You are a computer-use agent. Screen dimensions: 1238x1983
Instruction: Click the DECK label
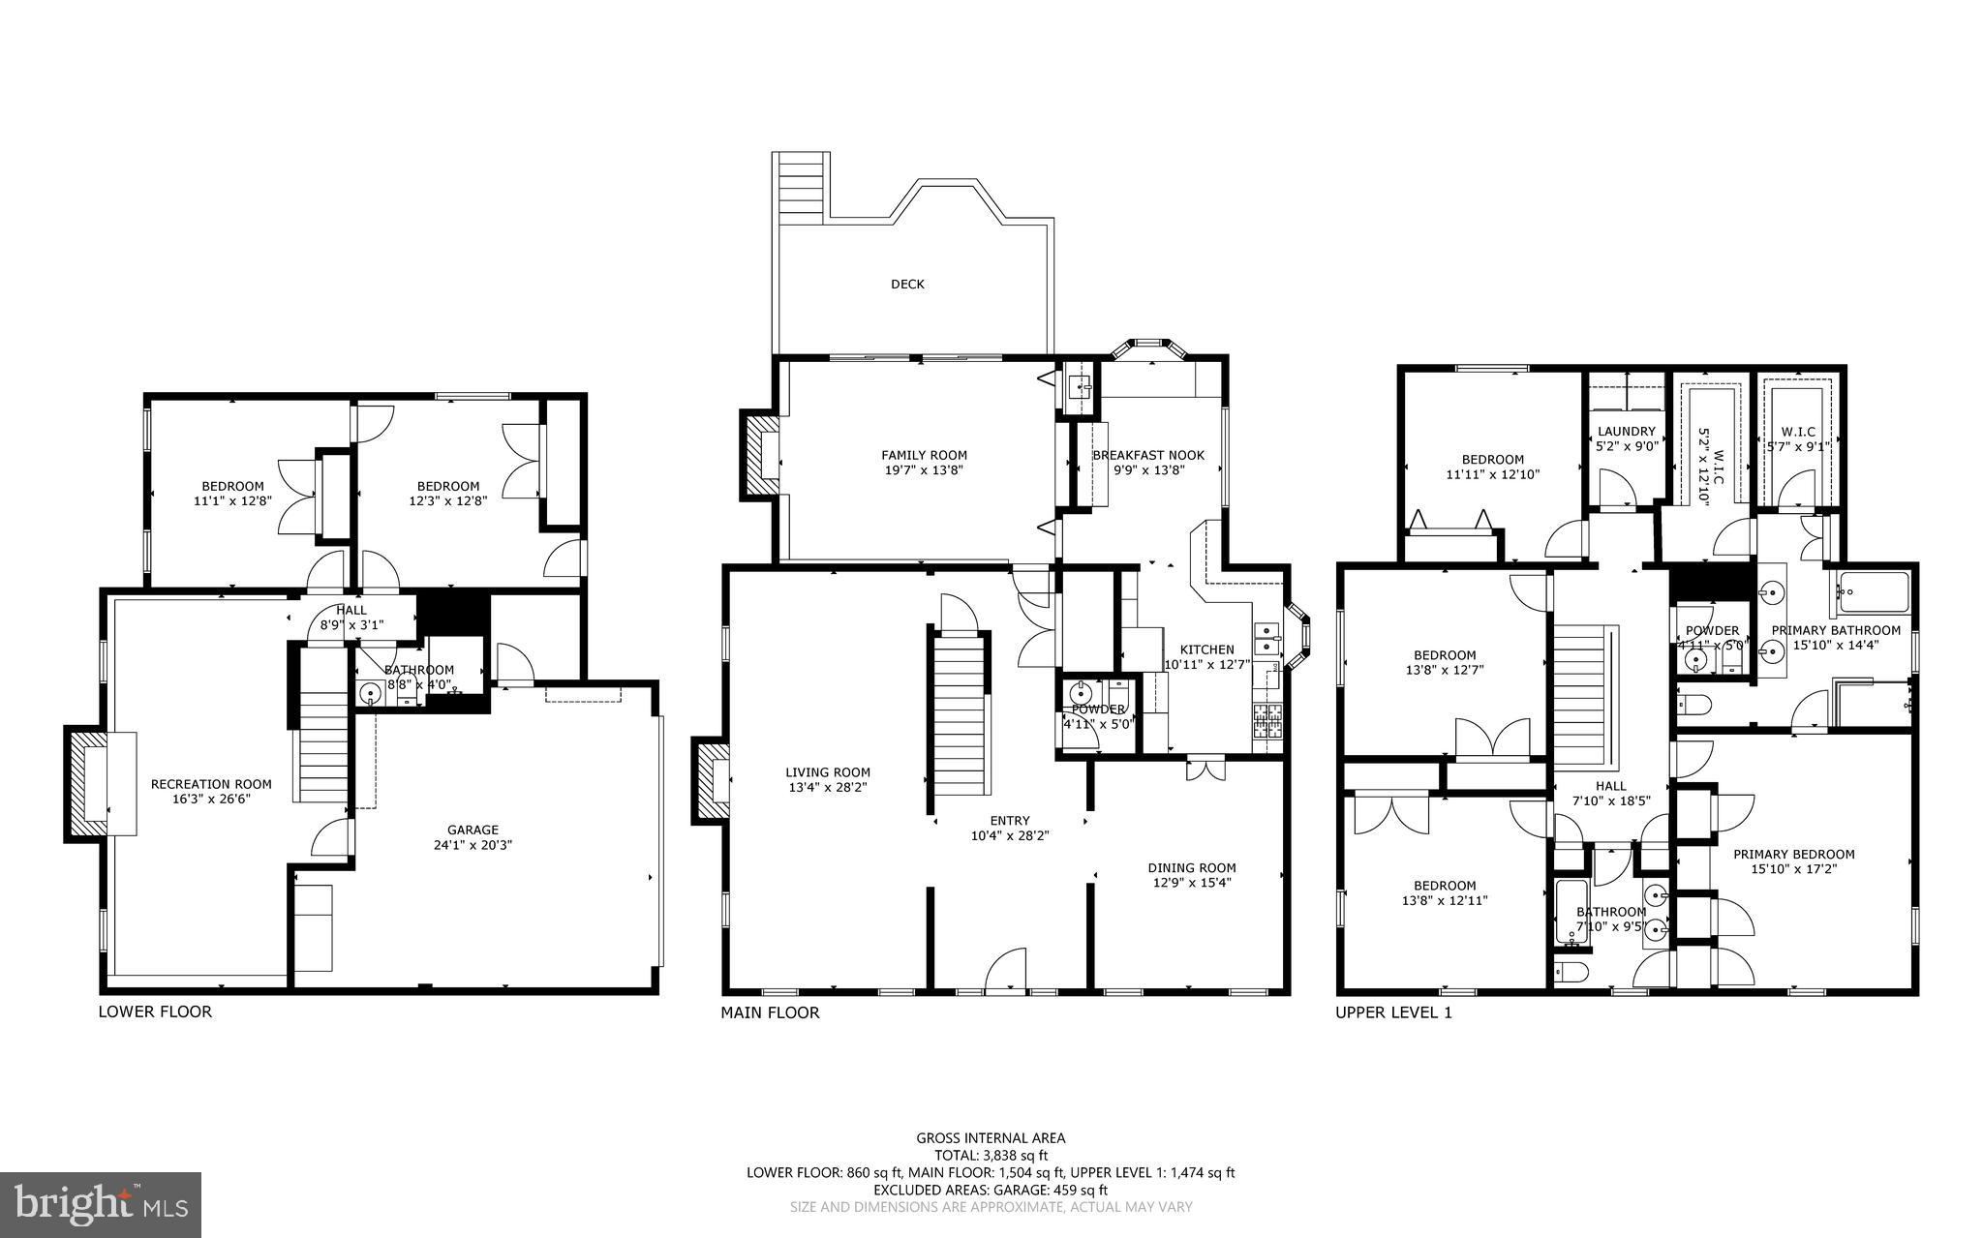point(907,285)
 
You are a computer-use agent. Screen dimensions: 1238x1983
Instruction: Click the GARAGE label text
point(473,830)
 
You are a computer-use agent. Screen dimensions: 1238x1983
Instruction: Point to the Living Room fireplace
point(712,782)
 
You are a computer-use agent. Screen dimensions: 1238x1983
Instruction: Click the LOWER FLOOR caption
point(155,1012)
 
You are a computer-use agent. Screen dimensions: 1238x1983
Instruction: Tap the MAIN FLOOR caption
point(770,1012)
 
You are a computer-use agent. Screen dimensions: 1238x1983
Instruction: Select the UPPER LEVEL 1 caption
point(1393,1012)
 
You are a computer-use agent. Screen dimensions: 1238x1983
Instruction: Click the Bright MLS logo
point(101,1204)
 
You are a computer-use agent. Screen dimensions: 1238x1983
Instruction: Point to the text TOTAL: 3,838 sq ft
point(991,1155)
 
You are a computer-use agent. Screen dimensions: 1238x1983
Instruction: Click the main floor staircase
point(960,711)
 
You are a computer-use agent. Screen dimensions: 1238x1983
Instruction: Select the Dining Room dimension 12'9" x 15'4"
point(1192,883)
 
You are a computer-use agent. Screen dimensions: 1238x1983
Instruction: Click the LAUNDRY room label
point(1627,432)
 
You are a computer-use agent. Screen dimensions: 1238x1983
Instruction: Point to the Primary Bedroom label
point(1793,855)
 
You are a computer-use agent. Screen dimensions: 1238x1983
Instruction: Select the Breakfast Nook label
point(1148,455)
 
